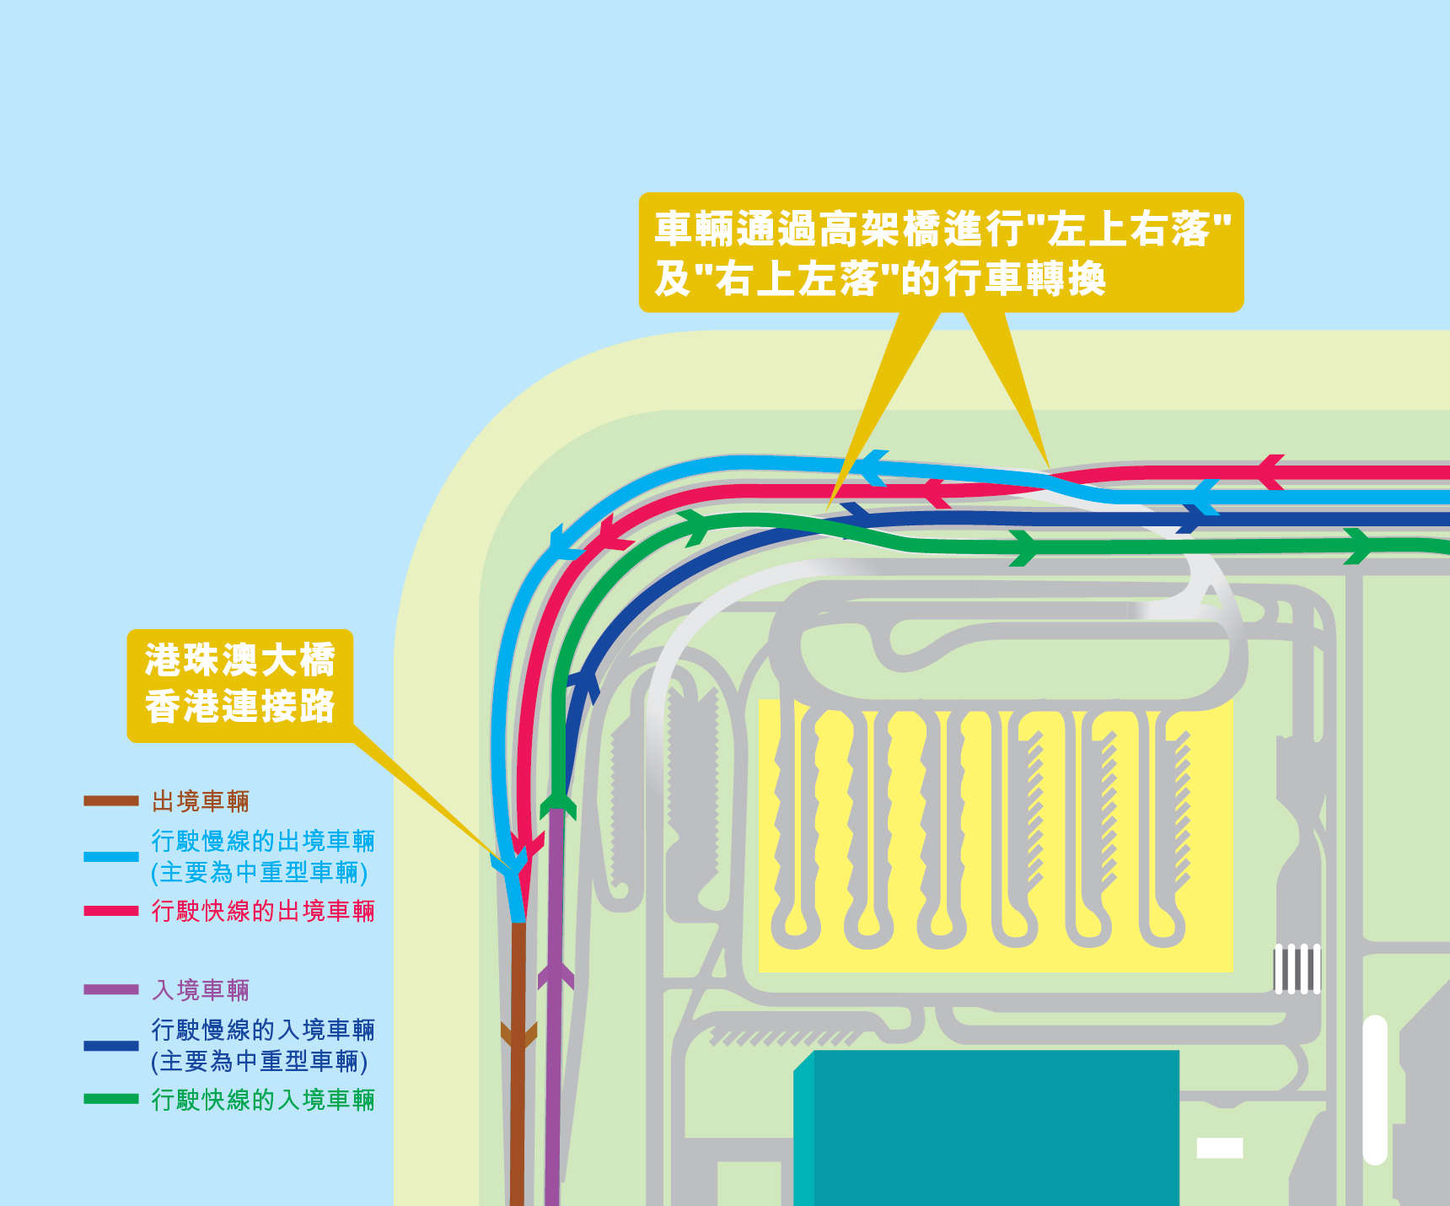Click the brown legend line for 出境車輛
(x=110, y=800)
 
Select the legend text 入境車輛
(x=201, y=989)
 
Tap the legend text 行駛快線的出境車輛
(x=263, y=911)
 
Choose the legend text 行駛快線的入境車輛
(x=263, y=1100)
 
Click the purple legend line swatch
(x=110, y=989)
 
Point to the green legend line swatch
(x=110, y=1099)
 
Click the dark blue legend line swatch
(x=110, y=1046)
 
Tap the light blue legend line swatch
(x=110, y=856)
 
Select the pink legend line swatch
(x=110, y=911)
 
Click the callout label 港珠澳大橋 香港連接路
(x=240, y=684)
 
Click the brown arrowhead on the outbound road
(x=518, y=1035)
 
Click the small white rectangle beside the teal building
(x=1220, y=1148)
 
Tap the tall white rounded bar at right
(x=1375, y=1090)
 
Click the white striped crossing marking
(x=1297, y=968)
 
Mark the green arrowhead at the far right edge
(x=1358, y=546)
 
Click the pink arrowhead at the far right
(x=1270, y=471)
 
